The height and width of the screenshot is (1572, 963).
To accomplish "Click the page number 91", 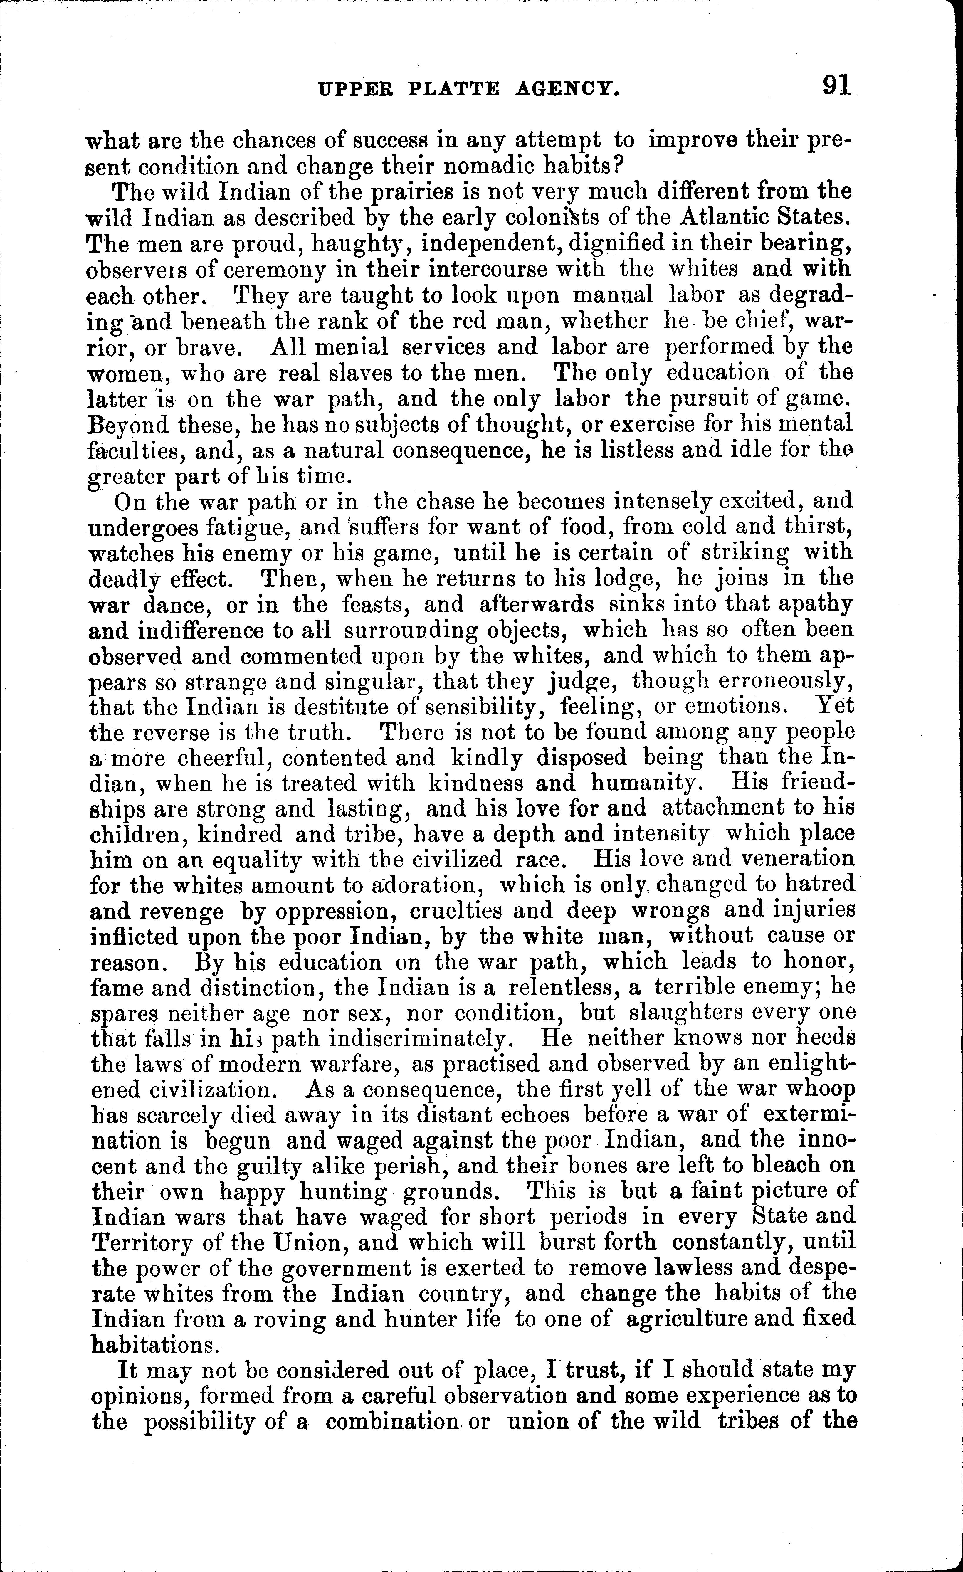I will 837,85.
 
